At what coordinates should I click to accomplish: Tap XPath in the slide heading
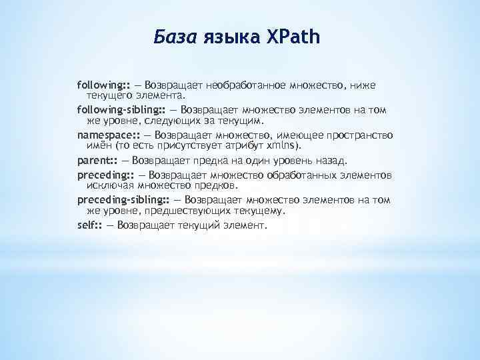pyautogui.click(x=294, y=37)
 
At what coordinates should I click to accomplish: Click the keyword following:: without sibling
pyautogui.click(x=103, y=86)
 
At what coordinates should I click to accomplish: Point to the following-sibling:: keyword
pyautogui.click(x=122, y=110)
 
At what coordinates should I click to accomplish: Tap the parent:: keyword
pyautogui.click(x=97, y=161)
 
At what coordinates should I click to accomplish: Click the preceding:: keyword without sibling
pyautogui.click(x=105, y=175)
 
